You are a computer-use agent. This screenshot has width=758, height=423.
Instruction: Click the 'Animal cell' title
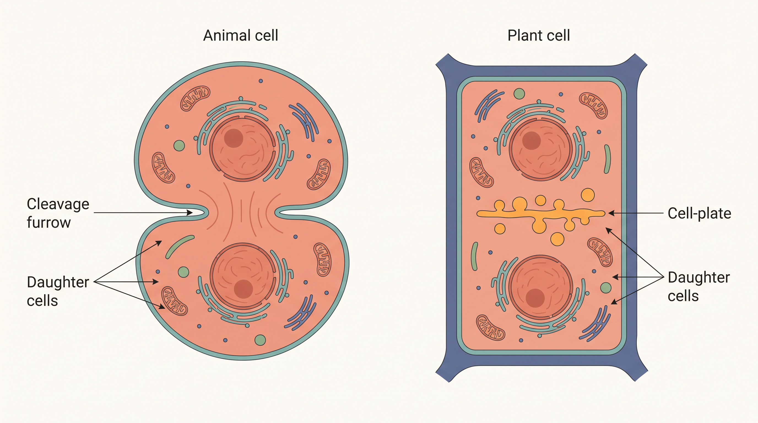(240, 36)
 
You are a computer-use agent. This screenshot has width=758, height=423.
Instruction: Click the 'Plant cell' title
(539, 36)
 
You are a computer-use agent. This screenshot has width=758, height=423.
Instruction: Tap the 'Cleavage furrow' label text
(58, 213)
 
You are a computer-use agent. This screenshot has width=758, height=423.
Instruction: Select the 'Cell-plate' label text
(699, 213)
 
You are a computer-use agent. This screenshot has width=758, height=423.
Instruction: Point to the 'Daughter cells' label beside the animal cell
(58, 291)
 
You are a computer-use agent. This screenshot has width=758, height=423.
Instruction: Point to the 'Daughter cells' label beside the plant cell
(699, 286)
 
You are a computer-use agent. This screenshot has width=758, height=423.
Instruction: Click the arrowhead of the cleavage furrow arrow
(190, 212)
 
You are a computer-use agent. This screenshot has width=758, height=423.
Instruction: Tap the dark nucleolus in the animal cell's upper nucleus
(233, 138)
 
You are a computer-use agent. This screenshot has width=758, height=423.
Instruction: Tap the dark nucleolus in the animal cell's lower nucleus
(243, 289)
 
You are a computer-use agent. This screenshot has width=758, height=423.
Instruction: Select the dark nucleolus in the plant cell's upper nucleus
(531, 141)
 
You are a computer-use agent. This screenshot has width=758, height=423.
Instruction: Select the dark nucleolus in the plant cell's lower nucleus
(535, 298)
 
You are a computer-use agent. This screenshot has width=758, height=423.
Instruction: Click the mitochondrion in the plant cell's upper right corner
(593, 105)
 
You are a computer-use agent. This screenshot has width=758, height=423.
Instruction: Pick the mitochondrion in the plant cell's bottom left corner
(490, 328)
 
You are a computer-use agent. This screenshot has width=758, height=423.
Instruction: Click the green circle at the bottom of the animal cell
(260, 340)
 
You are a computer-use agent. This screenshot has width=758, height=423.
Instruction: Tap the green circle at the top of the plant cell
(519, 94)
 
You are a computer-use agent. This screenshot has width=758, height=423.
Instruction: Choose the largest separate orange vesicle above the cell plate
(588, 195)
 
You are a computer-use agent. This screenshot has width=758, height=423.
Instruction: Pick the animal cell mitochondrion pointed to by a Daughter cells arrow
(174, 301)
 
